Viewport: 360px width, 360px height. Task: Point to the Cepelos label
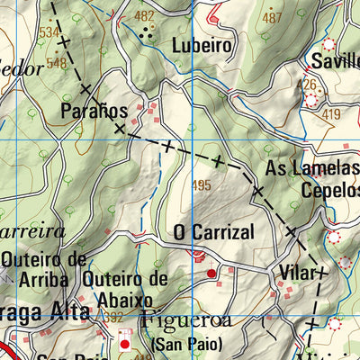click(329, 190)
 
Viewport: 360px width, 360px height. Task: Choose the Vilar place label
click(299, 272)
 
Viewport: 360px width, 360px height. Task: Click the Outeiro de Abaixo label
click(125, 289)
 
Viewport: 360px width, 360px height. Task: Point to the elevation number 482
click(144, 16)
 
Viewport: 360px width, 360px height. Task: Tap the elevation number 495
click(202, 185)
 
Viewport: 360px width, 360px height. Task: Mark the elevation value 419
click(330, 114)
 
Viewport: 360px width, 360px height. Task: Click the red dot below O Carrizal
click(212, 273)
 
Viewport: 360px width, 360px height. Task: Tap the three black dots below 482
click(146, 33)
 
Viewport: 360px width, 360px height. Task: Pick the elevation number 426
click(309, 85)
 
